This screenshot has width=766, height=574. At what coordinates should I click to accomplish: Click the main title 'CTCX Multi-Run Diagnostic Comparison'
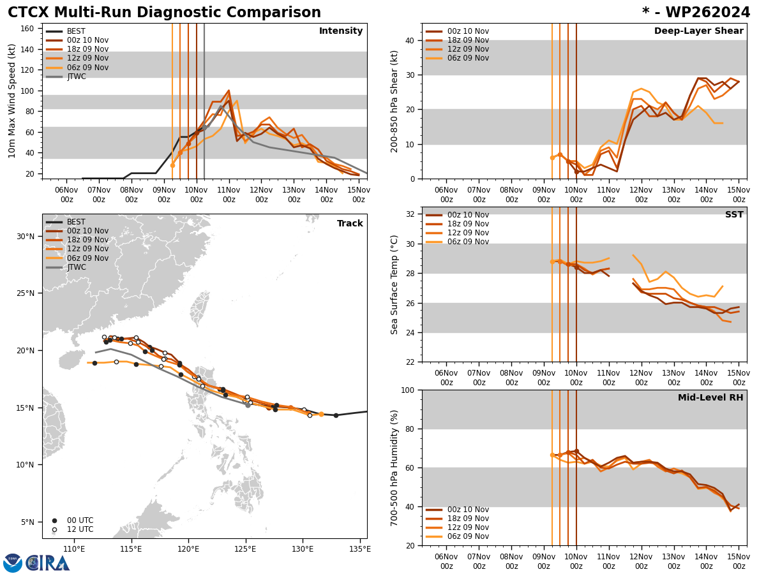(164, 13)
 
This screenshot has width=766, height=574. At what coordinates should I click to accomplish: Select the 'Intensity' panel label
(341, 31)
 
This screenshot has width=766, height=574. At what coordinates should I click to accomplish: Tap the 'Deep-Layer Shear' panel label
(698, 31)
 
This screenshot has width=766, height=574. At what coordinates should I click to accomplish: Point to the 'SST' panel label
(733, 215)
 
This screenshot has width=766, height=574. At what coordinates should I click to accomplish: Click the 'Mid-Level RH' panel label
(710, 398)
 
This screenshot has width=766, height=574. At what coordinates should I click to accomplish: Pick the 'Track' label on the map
(350, 224)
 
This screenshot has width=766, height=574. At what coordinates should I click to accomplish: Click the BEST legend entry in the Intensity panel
(76, 31)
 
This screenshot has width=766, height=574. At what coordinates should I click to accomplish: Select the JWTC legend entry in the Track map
(76, 267)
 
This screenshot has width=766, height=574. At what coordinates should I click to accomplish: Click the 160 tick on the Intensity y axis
(27, 29)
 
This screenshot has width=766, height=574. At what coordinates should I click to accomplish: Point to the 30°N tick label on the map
(24, 237)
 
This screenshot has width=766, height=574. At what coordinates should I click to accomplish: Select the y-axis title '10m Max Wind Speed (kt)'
(12, 101)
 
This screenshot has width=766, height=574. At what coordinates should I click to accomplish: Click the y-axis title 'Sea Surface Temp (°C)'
(395, 284)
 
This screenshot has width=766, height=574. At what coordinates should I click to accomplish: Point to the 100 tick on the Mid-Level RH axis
(407, 390)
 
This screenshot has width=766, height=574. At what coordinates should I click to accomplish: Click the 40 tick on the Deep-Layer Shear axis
(409, 40)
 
